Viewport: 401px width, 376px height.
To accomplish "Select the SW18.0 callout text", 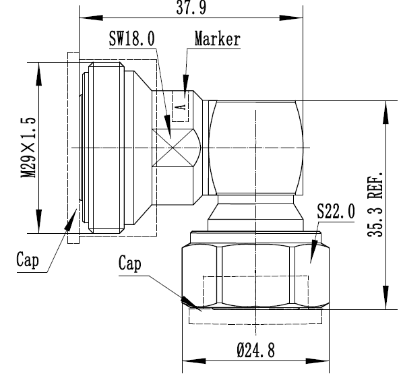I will (132, 40).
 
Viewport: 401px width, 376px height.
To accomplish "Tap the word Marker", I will (217, 39).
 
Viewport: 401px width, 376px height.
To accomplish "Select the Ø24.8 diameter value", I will (256, 350).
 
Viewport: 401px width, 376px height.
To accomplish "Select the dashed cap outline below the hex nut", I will (257, 319).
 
